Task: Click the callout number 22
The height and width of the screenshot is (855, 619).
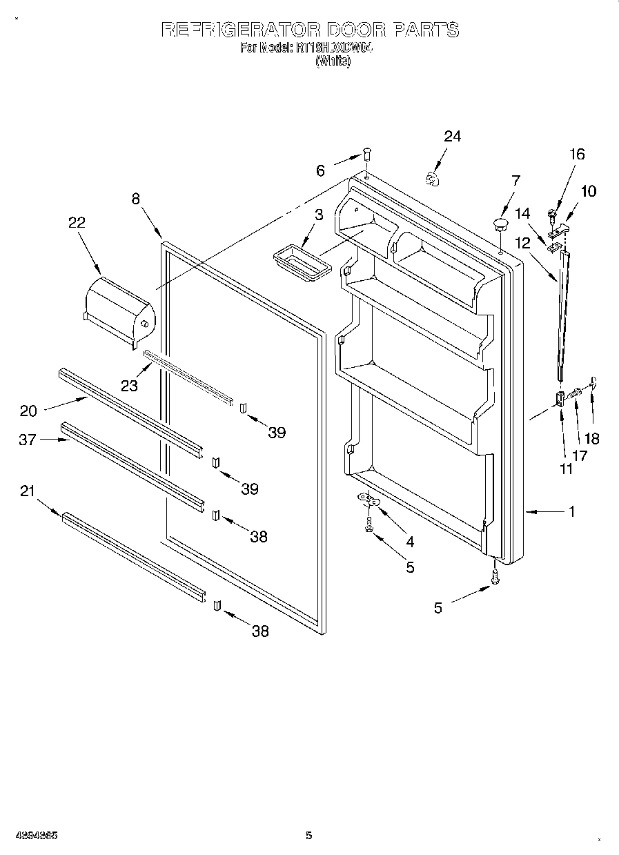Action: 76,222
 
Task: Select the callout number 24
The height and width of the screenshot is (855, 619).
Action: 451,136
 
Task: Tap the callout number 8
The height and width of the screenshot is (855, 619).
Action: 135,198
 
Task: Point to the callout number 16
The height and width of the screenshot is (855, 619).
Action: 576,154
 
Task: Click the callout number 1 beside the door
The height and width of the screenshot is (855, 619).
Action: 572,512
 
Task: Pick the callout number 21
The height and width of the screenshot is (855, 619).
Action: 28,491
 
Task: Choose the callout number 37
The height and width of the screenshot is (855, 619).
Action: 28,440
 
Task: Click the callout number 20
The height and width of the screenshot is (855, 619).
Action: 28,411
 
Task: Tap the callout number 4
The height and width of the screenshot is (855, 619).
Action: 410,542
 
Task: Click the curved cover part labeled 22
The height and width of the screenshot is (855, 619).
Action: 119,311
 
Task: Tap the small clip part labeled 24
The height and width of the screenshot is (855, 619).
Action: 432,179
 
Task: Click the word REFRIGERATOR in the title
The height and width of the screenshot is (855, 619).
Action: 240,30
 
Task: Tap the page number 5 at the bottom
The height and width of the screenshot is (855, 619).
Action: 308,836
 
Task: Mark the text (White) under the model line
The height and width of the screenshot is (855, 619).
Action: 333,61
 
